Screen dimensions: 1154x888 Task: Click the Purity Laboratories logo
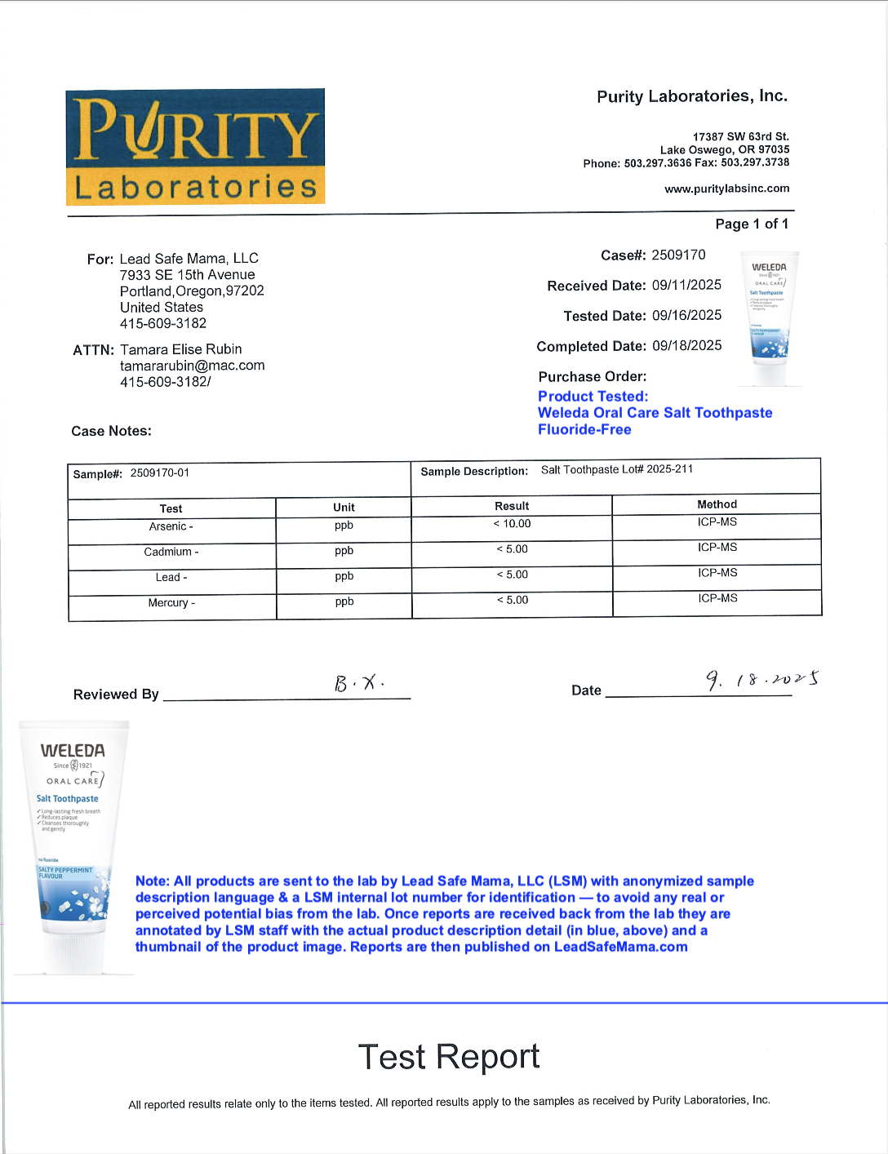pos(195,147)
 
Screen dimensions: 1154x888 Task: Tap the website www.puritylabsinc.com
pos(726,189)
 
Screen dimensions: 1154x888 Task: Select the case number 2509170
pos(678,255)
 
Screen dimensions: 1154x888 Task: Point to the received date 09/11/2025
pos(686,285)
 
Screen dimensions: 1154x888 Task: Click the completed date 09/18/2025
pos(686,345)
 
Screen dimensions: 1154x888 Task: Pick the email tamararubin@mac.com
pos(192,366)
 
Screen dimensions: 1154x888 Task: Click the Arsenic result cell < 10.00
pos(512,524)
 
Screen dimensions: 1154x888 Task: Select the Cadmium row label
pos(171,552)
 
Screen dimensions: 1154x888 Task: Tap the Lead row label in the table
pos(171,577)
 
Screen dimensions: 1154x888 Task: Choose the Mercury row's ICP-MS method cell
pos(717,598)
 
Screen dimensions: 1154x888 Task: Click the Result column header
pos(512,506)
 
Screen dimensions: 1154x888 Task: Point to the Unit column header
pos(344,507)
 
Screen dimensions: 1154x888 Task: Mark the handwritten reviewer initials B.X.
pos(359,682)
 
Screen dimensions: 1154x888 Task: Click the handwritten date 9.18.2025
pos(761,679)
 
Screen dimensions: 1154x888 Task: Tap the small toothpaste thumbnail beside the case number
pos(768,318)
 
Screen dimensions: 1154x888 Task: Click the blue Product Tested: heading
pos(593,397)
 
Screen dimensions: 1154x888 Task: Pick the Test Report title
pos(448,1057)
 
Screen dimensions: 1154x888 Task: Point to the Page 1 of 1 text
pos(752,224)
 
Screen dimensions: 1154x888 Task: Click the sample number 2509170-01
pos(160,473)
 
